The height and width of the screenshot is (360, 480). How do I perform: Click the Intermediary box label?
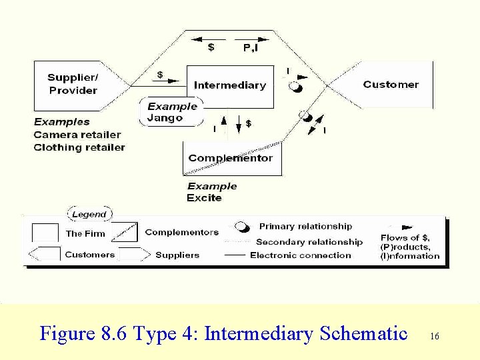(x=229, y=85)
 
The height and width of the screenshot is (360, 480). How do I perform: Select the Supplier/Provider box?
(x=73, y=84)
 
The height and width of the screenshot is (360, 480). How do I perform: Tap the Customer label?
(x=391, y=85)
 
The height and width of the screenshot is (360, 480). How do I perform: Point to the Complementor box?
(x=231, y=158)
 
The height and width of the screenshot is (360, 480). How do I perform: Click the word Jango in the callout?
(x=165, y=118)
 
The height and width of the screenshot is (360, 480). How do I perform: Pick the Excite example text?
(x=204, y=198)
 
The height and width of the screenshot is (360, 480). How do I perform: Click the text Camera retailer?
(x=77, y=135)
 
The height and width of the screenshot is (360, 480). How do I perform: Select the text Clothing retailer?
(x=79, y=147)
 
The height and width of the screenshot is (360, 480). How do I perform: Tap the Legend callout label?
(x=89, y=215)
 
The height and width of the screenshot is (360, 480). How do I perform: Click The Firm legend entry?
(x=85, y=234)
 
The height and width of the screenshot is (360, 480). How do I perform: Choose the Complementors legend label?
(x=181, y=233)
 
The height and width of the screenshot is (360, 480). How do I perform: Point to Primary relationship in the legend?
(x=305, y=227)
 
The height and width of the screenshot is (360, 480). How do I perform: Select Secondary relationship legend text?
(x=309, y=242)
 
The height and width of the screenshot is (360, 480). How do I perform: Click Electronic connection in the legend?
(x=301, y=255)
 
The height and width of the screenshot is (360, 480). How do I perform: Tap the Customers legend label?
(x=89, y=255)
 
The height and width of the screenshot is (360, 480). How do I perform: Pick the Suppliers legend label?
(x=177, y=255)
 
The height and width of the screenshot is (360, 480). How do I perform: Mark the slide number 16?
(x=435, y=337)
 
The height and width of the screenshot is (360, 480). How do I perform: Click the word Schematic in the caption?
(x=363, y=333)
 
